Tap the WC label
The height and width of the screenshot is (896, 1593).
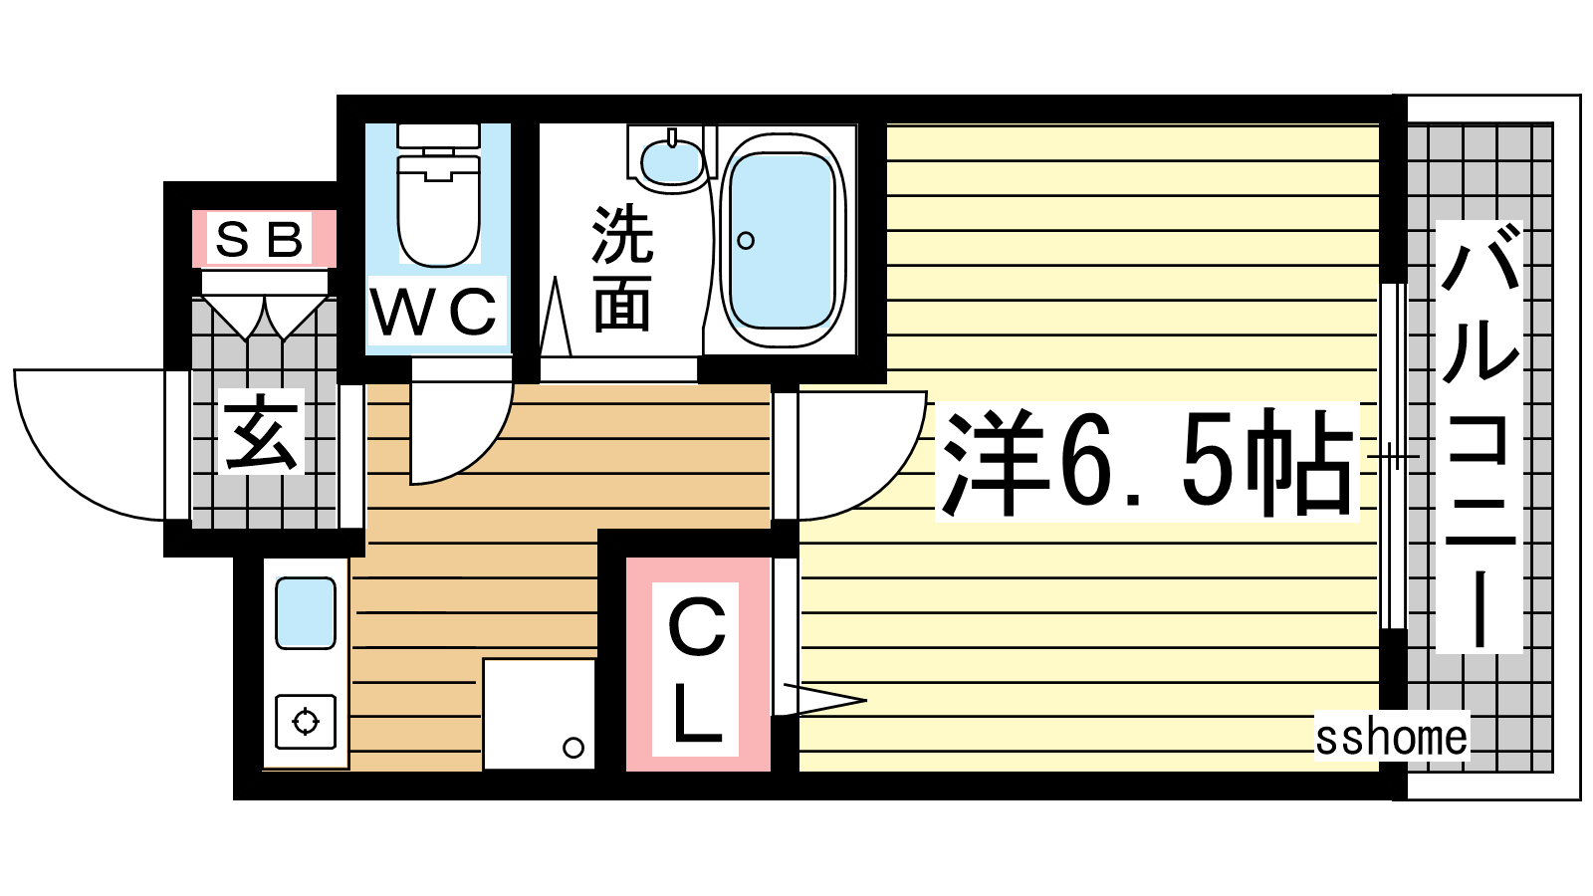(x=434, y=312)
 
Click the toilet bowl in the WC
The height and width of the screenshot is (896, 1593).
(x=438, y=210)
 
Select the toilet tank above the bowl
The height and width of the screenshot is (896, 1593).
(x=438, y=135)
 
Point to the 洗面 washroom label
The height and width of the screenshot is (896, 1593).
(x=621, y=268)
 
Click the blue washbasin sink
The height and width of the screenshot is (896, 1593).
(x=671, y=162)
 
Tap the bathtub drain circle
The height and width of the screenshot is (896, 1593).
(x=746, y=240)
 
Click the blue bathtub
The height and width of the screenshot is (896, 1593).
(x=783, y=240)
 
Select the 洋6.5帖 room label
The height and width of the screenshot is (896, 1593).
(x=1146, y=462)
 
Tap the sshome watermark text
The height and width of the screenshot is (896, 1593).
(x=1391, y=737)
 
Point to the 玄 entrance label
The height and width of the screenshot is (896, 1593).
(x=260, y=431)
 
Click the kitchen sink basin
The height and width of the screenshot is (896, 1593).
(x=306, y=613)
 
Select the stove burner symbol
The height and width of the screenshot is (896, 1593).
(x=306, y=722)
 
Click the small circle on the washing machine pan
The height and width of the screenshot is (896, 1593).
(x=573, y=748)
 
